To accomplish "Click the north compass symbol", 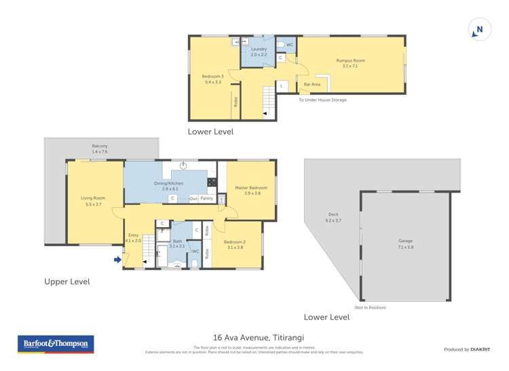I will [479, 30].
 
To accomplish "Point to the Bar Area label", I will [312, 84].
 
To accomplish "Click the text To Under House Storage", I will [322, 100].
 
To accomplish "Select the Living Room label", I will [93, 201].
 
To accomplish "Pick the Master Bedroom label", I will [248, 190].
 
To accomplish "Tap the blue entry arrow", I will [117, 259].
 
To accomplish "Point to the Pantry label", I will [206, 198].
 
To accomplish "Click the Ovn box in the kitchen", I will [193, 198].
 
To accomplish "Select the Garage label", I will [405, 243].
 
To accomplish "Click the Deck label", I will [333, 217].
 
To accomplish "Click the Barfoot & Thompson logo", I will [55, 345].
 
